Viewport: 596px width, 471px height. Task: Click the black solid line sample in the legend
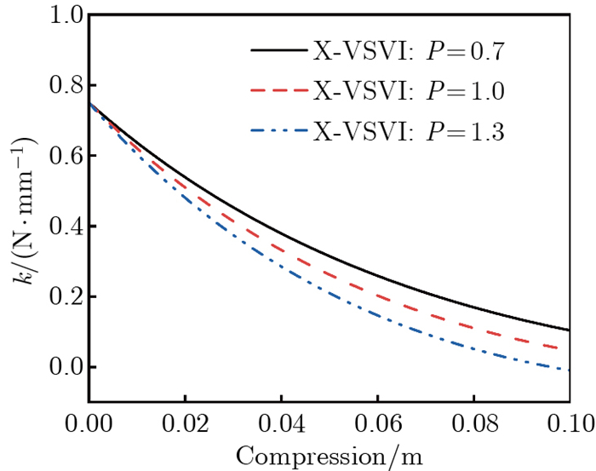(279, 51)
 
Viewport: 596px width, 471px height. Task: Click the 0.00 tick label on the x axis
(89, 421)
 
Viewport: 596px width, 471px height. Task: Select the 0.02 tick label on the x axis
(186, 421)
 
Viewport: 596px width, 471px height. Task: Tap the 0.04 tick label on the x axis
(281, 421)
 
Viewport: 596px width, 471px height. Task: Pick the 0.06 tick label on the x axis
(377, 421)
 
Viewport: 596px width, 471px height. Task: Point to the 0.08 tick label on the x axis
(473, 421)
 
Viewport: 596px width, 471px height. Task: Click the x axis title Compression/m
(330, 454)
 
